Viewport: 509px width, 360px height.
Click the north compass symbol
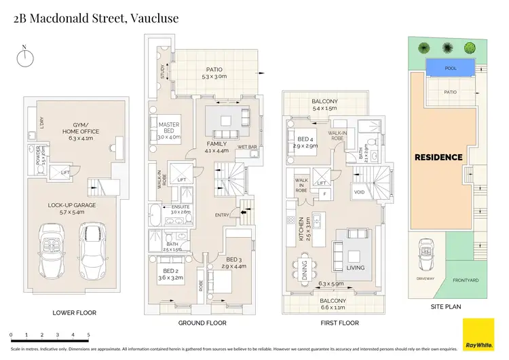coord(24,56)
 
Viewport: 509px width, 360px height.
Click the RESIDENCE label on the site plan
coord(438,158)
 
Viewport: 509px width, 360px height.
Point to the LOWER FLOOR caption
coord(75,313)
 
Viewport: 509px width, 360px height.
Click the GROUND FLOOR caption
coord(202,323)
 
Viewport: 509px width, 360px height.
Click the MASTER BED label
coord(168,128)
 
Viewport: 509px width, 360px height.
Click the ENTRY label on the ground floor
coord(222,215)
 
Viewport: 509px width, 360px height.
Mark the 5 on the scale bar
coord(89,335)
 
